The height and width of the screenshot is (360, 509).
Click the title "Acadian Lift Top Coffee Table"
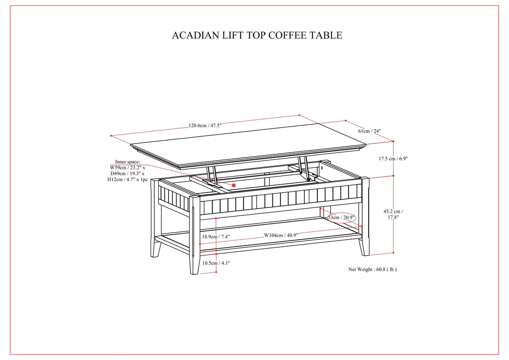[257, 35]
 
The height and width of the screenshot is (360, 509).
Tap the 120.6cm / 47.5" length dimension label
[205, 125]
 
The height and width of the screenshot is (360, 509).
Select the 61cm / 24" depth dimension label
[369, 131]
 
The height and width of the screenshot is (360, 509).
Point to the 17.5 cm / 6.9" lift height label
[393, 159]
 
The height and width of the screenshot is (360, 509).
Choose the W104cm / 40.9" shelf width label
[281, 235]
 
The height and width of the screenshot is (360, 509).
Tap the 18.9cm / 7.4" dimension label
[216, 237]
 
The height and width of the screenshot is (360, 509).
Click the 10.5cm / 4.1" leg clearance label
[216, 263]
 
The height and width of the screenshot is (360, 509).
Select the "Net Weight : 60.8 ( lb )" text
[372, 269]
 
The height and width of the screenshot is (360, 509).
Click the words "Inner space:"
[127, 162]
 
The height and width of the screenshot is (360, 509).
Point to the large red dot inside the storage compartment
[234, 185]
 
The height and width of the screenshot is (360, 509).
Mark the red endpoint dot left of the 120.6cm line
[111, 136]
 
